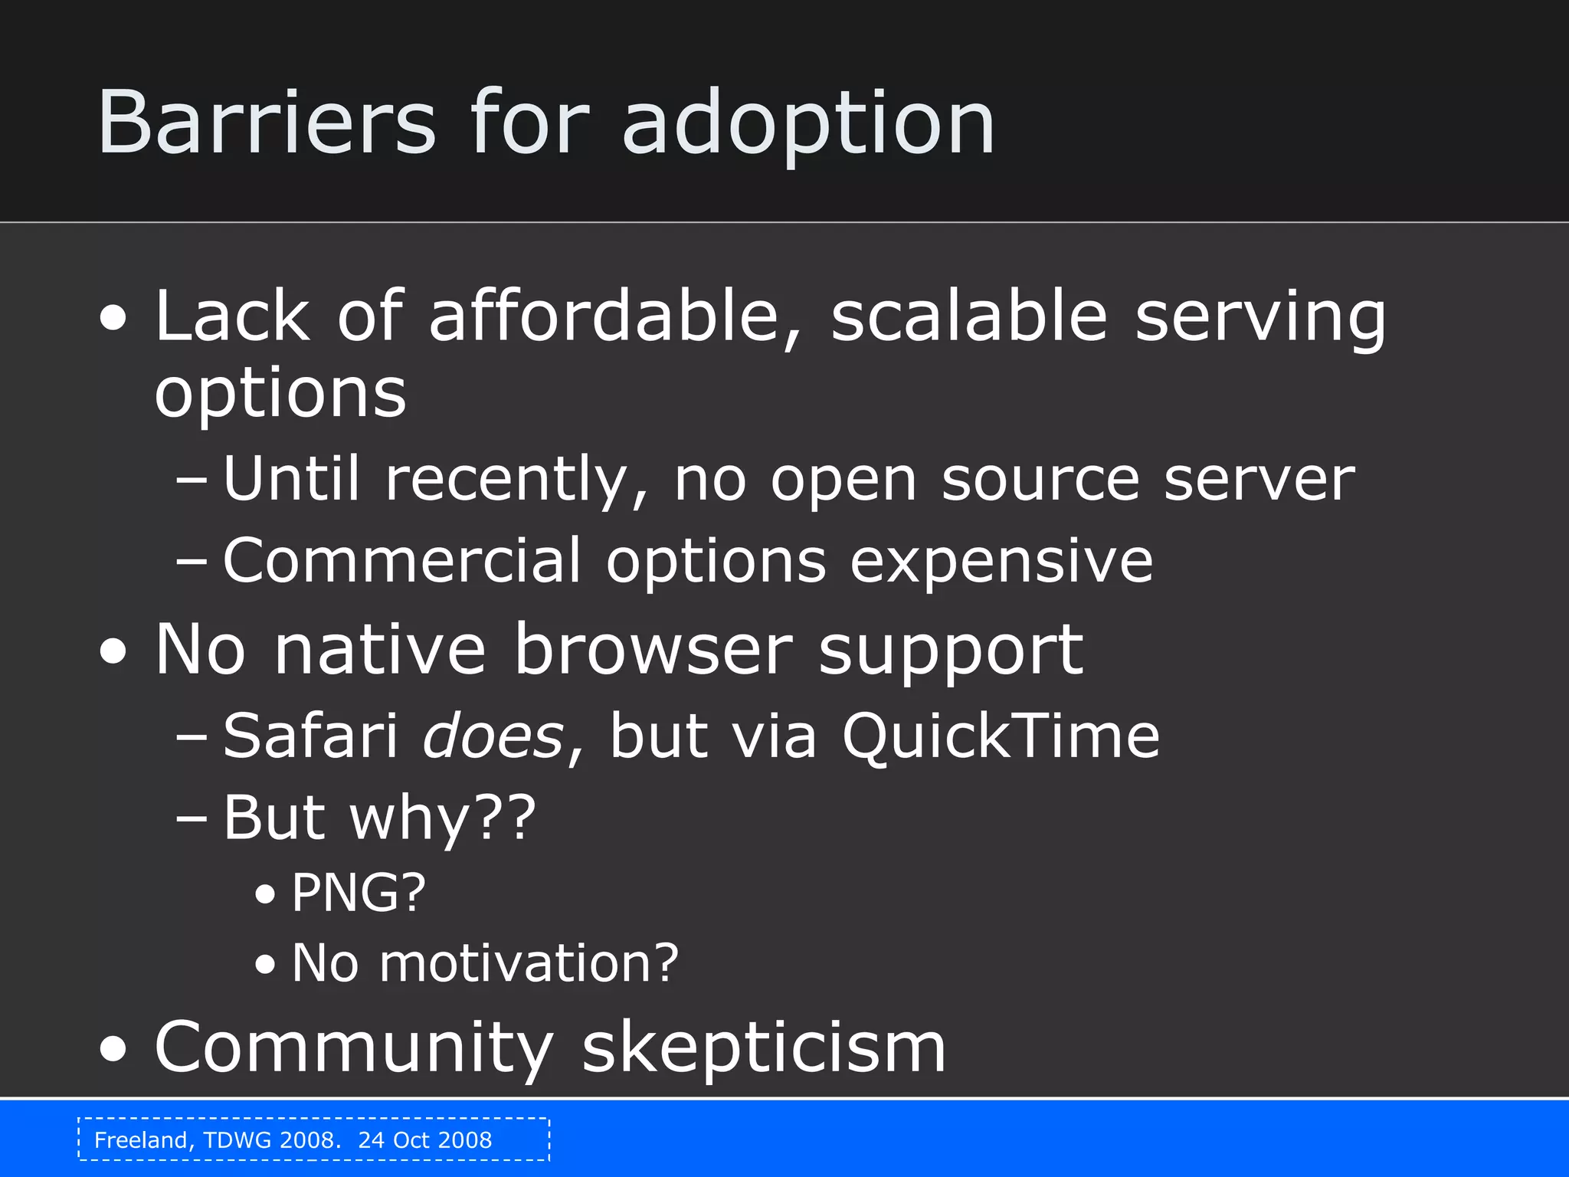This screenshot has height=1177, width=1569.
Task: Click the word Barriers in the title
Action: pos(266,123)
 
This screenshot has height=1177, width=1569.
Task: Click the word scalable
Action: pos(969,315)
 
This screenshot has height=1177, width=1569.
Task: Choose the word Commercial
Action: pos(402,560)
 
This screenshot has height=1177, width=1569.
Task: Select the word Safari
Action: pos(310,736)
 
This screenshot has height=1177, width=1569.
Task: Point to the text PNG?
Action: pos(358,893)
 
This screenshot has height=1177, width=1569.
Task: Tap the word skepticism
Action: pos(764,1049)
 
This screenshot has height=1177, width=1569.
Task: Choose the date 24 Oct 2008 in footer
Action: pos(425,1140)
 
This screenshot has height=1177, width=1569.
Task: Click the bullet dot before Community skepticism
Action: pos(113,1050)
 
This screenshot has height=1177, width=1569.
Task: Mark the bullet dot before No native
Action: pos(113,652)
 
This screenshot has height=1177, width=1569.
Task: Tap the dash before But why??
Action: pos(191,818)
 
